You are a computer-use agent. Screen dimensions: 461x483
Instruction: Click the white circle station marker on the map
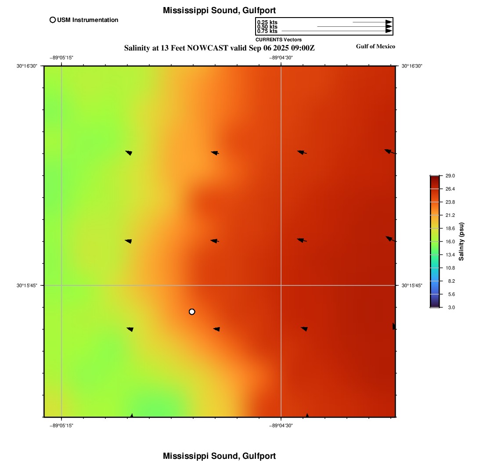tap(192, 312)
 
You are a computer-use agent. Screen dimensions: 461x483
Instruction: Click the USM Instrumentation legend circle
tap(53, 20)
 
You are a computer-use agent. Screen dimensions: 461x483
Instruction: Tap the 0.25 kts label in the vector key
tap(267, 22)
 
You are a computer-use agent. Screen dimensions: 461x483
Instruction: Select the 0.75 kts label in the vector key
tap(267, 31)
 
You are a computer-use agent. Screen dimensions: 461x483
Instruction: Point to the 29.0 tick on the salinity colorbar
tap(450, 176)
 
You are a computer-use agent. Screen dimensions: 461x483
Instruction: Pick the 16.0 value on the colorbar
tap(450, 241)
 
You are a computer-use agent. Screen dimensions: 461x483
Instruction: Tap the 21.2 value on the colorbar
tap(450, 215)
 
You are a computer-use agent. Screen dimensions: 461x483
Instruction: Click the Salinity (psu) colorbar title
tap(461, 241)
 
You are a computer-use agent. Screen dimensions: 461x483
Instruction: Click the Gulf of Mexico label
tap(375, 47)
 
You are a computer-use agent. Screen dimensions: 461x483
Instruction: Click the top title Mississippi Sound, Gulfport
tap(219, 10)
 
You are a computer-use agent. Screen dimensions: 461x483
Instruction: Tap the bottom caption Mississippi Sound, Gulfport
tap(219, 456)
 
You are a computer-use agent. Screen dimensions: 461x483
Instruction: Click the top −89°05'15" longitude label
tap(61, 58)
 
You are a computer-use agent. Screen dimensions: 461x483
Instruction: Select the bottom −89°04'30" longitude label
tap(281, 425)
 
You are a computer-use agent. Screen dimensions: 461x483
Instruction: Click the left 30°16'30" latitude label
tap(27, 66)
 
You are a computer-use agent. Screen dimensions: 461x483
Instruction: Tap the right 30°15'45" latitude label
tap(412, 285)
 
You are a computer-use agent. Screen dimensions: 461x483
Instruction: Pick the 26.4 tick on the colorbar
tap(450, 189)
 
